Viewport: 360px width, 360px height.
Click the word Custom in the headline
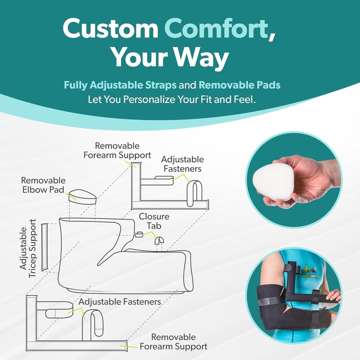pos(110,28)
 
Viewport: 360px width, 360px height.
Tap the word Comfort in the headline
pos(216,28)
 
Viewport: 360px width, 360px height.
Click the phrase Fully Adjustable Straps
pos(120,85)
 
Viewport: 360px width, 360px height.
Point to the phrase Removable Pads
pos(239,85)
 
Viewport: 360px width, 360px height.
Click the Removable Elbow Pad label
pos(43,185)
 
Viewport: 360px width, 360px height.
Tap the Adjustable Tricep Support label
pos(28,248)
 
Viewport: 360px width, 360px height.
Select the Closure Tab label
pos(154,221)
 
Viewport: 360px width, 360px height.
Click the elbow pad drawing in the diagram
pos(82,197)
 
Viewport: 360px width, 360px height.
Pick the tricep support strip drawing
pos(44,247)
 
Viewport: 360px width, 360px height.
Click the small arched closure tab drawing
pos(159,241)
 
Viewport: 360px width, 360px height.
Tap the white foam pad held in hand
pos(273,182)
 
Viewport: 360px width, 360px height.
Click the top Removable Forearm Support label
pos(117,150)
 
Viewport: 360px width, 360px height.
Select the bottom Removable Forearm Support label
pos(174,342)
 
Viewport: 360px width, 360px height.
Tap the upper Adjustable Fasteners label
pos(183,164)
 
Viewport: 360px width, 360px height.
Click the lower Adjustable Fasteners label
pos(120,301)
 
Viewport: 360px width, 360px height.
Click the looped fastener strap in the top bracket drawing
pos(194,193)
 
